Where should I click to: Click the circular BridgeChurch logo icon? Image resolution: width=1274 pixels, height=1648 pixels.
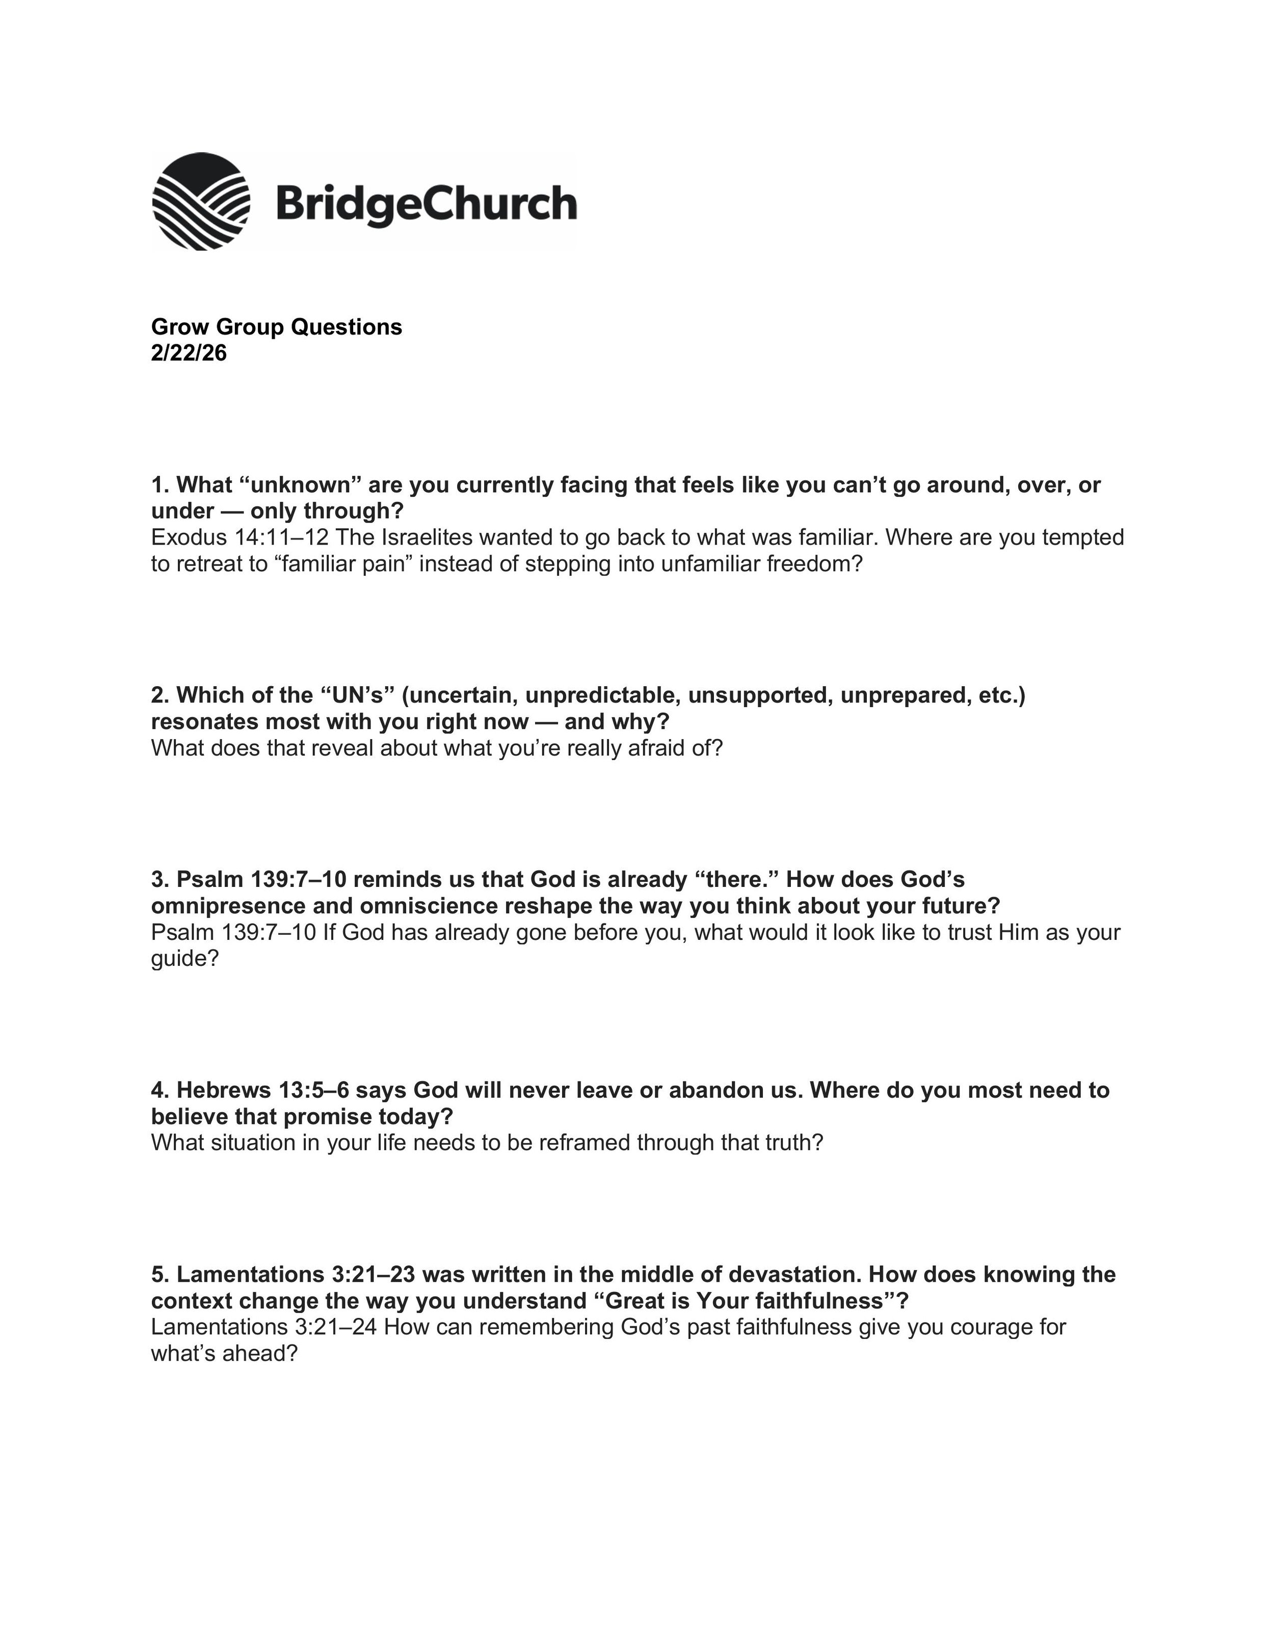[x=201, y=201]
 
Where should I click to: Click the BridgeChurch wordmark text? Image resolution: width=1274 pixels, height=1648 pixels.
[x=427, y=204]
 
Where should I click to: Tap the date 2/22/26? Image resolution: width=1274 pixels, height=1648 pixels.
[x=189, y=353]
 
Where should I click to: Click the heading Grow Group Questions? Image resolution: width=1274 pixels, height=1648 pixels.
[x=276, y=327]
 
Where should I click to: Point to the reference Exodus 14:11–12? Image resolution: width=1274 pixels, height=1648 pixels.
[x=239, y=537]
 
